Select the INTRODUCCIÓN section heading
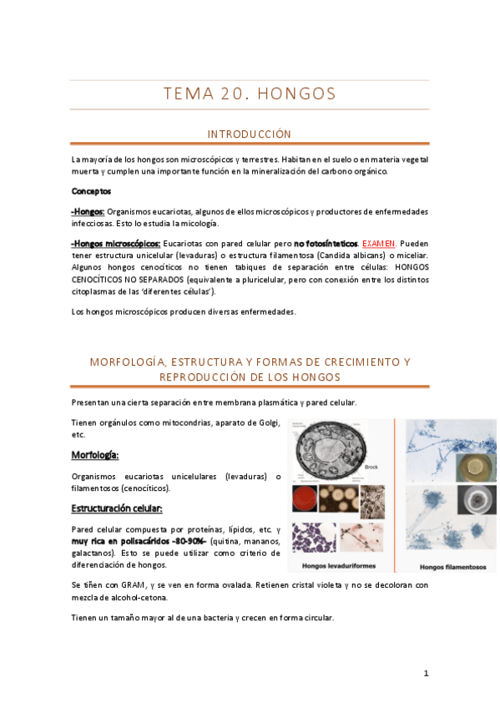(x=250, y=134)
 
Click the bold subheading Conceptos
(x=91, y=191)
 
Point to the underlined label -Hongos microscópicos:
(x=116, y=243)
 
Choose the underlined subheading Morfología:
(x=94, y=455)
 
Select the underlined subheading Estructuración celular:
(x=116, y=508)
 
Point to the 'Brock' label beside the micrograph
(x=372, y=468)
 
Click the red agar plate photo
(x=305, y=499)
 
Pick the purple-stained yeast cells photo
(x=313, y=534)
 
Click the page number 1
(x=426, y=673)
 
